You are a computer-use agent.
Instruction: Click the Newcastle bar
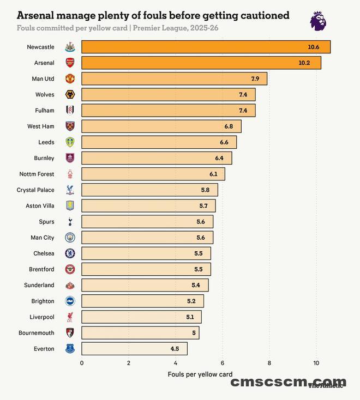coord(206,47)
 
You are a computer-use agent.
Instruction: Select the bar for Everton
coord(134,349)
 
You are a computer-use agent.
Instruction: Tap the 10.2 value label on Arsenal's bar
coord(304,63)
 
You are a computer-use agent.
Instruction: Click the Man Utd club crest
coord(70,78)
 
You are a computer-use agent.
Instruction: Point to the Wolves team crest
coord(70,94)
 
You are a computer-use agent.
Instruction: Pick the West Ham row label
coord(41,126)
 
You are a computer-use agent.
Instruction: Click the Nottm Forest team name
coord(37,174)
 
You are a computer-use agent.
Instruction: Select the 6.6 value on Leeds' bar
coord(224,142)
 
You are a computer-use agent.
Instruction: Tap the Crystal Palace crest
coord(70,190)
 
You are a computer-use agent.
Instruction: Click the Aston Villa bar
coord(148,206)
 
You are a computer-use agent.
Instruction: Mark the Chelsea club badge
coord(70,253)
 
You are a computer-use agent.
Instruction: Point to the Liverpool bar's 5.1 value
coord(190,317)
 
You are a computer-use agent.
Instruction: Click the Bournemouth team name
coord(37,332)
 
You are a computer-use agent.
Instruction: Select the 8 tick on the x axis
coord(269,363)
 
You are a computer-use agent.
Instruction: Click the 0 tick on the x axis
coord(82,363)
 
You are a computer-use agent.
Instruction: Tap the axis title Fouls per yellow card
coord(200,374)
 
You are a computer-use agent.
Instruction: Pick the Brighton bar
coord(142,301)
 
